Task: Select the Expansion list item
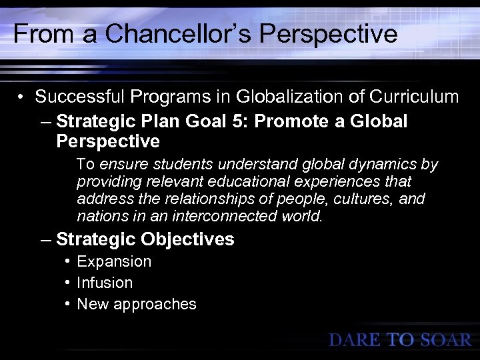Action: [114, 261]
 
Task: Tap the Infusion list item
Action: [105, 283]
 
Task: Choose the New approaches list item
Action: [137, 304]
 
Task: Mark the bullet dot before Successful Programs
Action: [23, 97]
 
